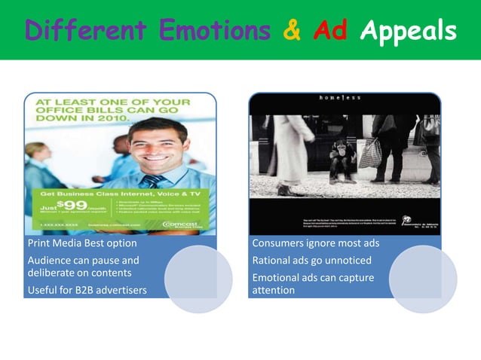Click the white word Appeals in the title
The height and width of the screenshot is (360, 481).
click(x=408, y=32)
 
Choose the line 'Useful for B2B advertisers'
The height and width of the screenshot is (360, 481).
click(x=87, y=290)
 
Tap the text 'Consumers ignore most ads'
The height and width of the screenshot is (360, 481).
click(x=316, y=244)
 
